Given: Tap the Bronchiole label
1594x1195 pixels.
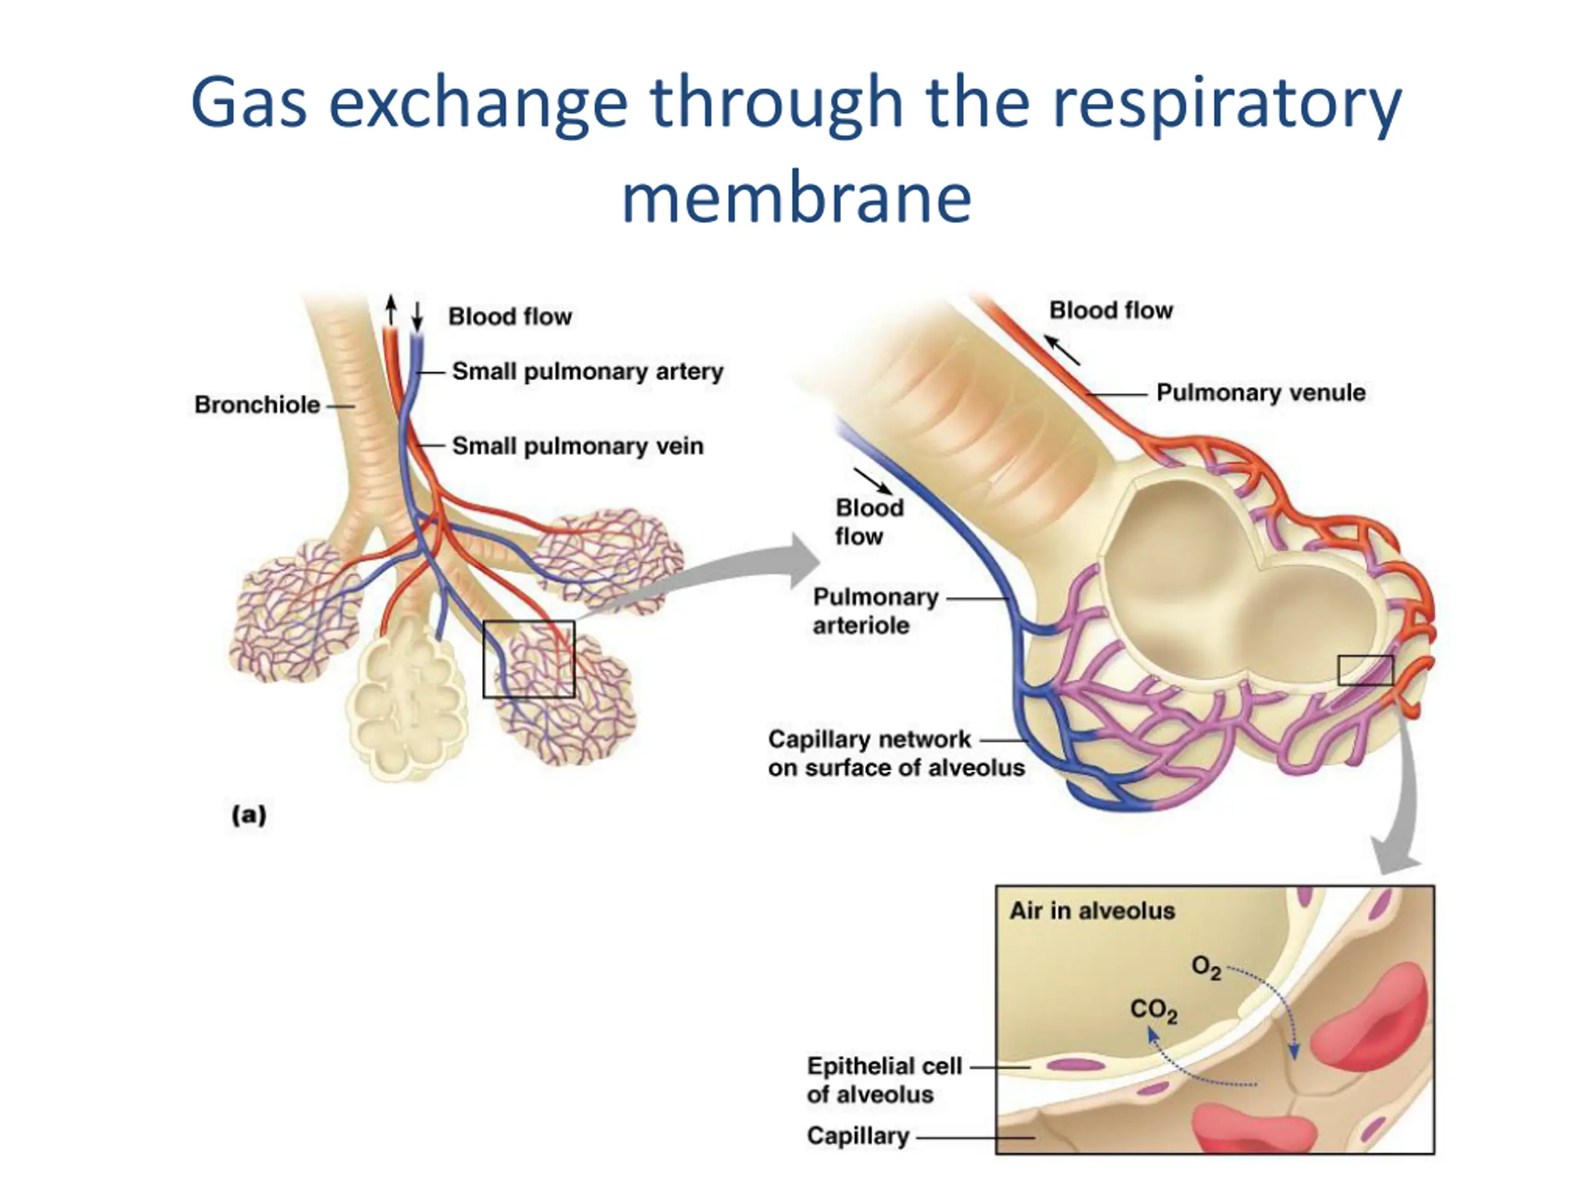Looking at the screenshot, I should pyautogui.click(x=257, y=405).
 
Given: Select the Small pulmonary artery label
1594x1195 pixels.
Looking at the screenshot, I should pyautogui.click(x=587, y=372).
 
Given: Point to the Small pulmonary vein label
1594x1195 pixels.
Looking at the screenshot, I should pyautogui.click(x=577, y=447).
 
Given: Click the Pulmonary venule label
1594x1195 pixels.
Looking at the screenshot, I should pyautogui.click(x=1260, y=393).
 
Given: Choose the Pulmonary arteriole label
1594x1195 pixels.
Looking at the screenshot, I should pyautogui.click(x=875, y=611).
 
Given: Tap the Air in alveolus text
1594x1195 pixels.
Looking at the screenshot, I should pyautogui.click(x=1092, y=911).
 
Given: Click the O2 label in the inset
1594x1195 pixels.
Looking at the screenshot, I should pyautogui.click(x=1206, y=967).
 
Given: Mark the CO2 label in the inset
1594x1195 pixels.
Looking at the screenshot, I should pyautogui.click(x=1153, y=1011).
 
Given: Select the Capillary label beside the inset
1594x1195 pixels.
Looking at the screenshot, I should pyautogui.click(x=857, y=1136).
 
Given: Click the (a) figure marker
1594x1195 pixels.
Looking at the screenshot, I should pyautogui.click(x=248, y=815).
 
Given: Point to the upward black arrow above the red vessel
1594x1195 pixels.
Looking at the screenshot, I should pyautogui.click(x=390, y=310).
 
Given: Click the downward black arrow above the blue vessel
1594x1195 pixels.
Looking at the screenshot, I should pyautogui.click(x=417, y=316).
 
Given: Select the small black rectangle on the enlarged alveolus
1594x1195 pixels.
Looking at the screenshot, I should pyautogui.click(x=1365, y=670).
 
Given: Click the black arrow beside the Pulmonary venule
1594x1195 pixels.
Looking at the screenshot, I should pyautogui.click(x=1062, y=350).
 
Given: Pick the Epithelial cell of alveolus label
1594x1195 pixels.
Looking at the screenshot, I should pyautogui.click(x=884, y=1080).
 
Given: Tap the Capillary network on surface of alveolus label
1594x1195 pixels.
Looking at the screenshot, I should pyautogui.click(x=896, y=754).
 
